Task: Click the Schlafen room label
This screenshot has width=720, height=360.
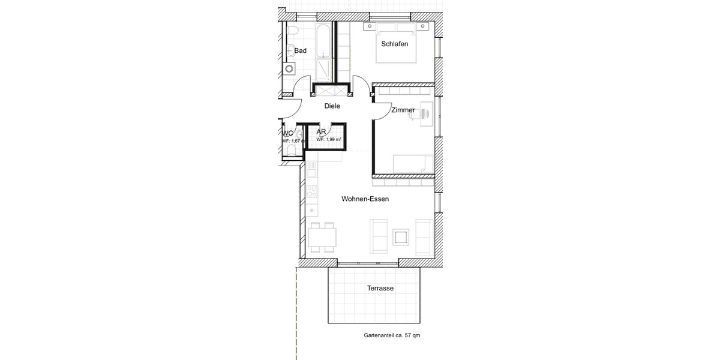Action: pos(395,44)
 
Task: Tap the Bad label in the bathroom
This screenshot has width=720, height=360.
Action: pos(300,51)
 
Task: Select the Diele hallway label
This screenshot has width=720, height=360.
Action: pos(332,106)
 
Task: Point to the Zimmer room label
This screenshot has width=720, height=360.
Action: pos(403,110)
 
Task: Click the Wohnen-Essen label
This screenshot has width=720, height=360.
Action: pos(365,199)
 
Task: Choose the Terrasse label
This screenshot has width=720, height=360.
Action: pos(380,289)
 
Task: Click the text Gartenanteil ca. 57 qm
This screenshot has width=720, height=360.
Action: pos(392,336)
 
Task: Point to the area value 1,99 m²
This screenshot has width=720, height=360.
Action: pos(329,139)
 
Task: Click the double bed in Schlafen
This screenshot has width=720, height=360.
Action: pos(395,47)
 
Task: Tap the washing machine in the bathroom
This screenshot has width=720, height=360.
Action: pos(290,68)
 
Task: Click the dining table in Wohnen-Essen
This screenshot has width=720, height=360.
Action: pos(323,238)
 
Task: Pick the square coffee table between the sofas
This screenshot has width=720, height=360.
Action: pos(400,238)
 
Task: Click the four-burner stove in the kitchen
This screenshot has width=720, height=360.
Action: pos(311,192)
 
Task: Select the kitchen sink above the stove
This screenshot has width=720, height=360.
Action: pos(311,173)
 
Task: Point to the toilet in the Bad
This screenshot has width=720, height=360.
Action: pos(292,31)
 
